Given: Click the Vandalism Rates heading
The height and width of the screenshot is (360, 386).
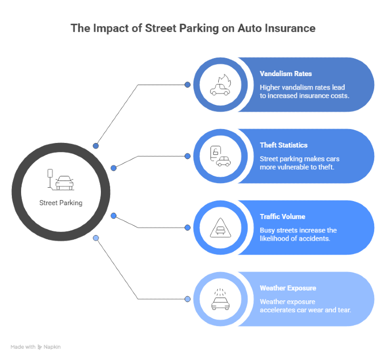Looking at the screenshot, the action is click(x=286, y=74).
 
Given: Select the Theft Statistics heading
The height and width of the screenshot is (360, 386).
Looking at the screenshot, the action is click(x=284, y=145).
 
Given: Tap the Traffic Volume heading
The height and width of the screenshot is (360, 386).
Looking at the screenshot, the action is click(x=283, y=217).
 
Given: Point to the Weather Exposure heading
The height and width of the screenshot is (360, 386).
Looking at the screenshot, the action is click(x=288, y=288).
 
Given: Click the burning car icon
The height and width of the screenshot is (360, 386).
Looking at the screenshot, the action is click(x=221, y=85).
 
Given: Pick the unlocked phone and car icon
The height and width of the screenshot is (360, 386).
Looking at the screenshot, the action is click(x=221, y=156).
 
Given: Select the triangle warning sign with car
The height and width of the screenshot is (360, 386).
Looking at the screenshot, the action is click(x=221, y=228).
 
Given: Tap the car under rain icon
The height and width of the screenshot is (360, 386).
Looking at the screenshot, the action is click(x=221, y=299).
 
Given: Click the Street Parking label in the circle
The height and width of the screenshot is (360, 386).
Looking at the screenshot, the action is click(x=61, y=203).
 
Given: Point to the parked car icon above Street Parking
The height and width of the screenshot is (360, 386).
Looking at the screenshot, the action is click(x=61, y=179).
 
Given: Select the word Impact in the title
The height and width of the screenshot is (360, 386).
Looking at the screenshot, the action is click(x=111, y=29).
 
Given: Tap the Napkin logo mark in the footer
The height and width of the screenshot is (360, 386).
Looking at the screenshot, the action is click(x=40, y=347).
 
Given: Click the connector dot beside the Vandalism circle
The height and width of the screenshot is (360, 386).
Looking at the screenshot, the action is click(x=187, y=85).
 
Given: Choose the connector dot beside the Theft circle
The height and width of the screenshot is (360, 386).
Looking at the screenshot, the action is click(x=187, y=156).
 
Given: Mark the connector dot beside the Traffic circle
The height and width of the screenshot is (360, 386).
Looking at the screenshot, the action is click(x=187, y=228).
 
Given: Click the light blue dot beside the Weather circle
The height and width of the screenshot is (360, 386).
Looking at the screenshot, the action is click(x=187, y=299).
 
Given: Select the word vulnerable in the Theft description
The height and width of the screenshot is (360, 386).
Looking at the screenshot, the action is click(x=297, y=167).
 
